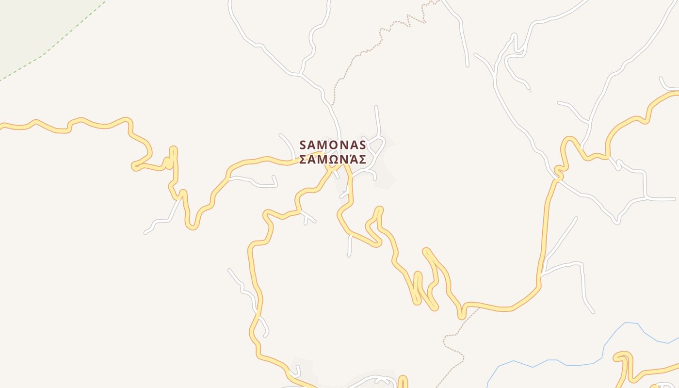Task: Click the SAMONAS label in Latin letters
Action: coord(333,145)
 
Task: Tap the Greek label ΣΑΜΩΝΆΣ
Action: coord(333,160)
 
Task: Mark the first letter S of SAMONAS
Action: coord(303,145)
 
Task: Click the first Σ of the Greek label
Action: coord(303,160)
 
